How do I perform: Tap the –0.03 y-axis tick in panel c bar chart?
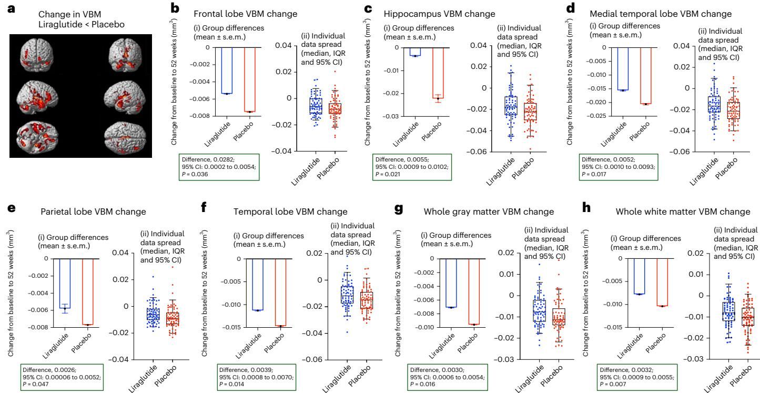(386, 116)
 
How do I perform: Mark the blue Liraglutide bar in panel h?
(639, 276)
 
